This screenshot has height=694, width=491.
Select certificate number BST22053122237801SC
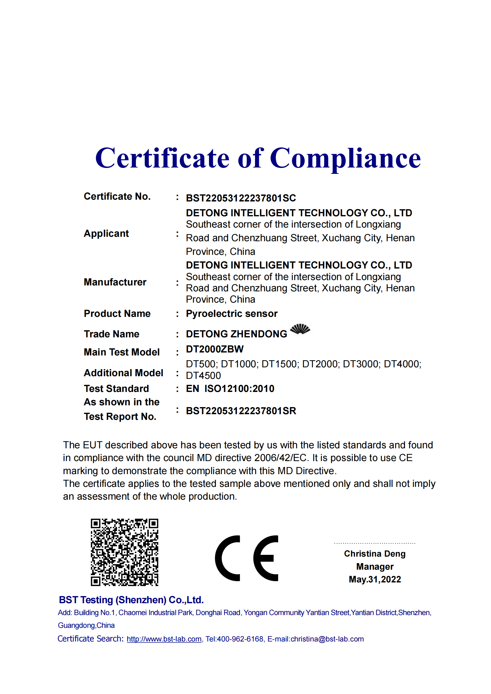(x=241, y=198)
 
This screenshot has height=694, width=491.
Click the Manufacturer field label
(x=115, y=282)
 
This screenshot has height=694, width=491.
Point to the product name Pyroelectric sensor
(x=232, y=313)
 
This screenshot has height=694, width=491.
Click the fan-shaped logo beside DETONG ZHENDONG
(x=300, y=329)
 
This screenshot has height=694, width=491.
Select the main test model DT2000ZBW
(x=215, y=349)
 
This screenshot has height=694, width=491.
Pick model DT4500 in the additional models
(x=203, y=375)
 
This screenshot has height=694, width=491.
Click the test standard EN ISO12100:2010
(x=230, y=388)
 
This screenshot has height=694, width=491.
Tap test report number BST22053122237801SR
(x=241, y=411)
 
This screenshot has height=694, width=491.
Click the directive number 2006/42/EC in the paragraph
(x=281, y=458)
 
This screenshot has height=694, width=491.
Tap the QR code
(x=125, y=552)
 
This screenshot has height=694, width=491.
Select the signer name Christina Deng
(x=375, y=553)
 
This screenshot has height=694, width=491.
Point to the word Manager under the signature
(x=375, y=566)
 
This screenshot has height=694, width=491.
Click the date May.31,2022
(x=375, y=579)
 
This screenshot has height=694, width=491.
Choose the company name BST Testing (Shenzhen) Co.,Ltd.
(x=131, y=600)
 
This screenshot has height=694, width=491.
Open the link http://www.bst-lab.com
(x=164, y=639)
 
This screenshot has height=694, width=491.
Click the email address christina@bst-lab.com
(x=327, y=639)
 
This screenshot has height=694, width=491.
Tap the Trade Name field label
(x=112, y=334)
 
